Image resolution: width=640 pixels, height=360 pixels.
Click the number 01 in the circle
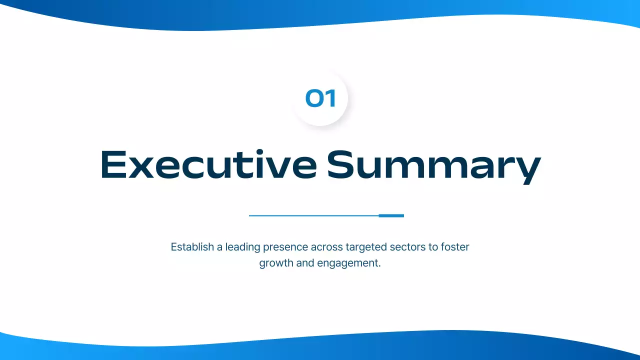pyautogui.click(x=320, y=98)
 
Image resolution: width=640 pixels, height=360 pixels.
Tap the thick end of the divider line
pyautogui.click(x=391, y=215)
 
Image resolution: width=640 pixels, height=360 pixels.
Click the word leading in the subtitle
pyautogui.click(x=242, y=247)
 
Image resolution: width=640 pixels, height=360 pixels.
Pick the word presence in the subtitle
pyautogui.click(x=285, y=247)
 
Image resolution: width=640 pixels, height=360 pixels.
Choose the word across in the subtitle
pyautogui.click(x=325, y=247)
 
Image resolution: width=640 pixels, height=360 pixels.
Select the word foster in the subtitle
pyautogui.click(x=455, y=247)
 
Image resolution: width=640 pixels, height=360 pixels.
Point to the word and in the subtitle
pyautogui.click(x=305, y=263)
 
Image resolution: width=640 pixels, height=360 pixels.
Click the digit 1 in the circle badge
pyautogui.click(x=330, y=98)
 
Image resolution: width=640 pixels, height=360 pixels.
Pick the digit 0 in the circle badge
pyautogui.click(x=314, y=98)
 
